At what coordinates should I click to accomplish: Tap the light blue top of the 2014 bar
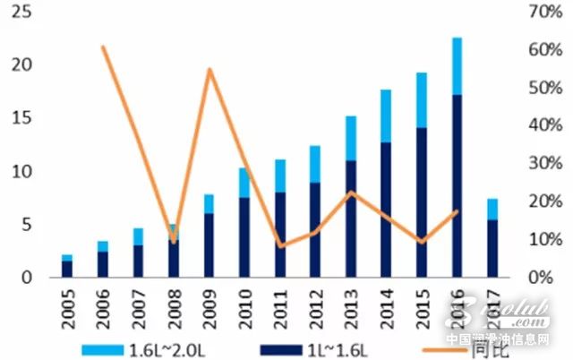(386, 115)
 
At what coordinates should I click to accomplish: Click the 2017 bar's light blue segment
(492, 209)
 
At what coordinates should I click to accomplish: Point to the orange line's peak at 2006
(102, 47)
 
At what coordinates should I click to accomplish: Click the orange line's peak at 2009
(209, 69)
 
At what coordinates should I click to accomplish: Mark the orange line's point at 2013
(351, 193)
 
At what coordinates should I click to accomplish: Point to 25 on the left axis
(24, 13)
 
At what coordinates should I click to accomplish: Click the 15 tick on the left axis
(24, 119)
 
